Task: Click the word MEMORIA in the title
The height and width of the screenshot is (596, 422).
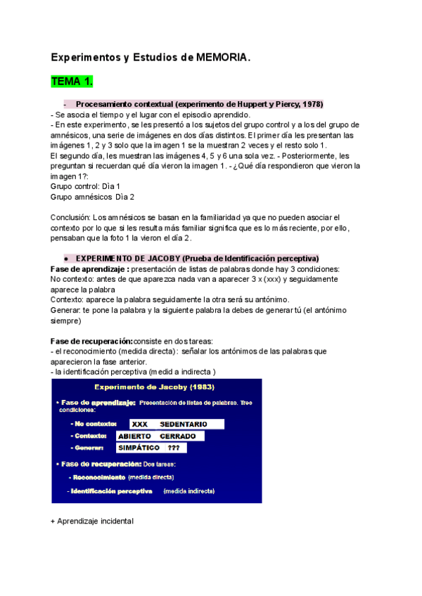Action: coord(224,58)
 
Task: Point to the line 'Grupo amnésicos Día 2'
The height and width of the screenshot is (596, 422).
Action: coord(93,197)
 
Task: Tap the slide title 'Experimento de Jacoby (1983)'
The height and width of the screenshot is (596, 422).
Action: coord(156,387)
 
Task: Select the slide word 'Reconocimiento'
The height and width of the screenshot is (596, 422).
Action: coord(98,477)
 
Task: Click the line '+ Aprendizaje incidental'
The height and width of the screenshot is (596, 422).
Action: coord(92,521)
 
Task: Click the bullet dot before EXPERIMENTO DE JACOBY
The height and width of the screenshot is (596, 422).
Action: coord(65,258)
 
